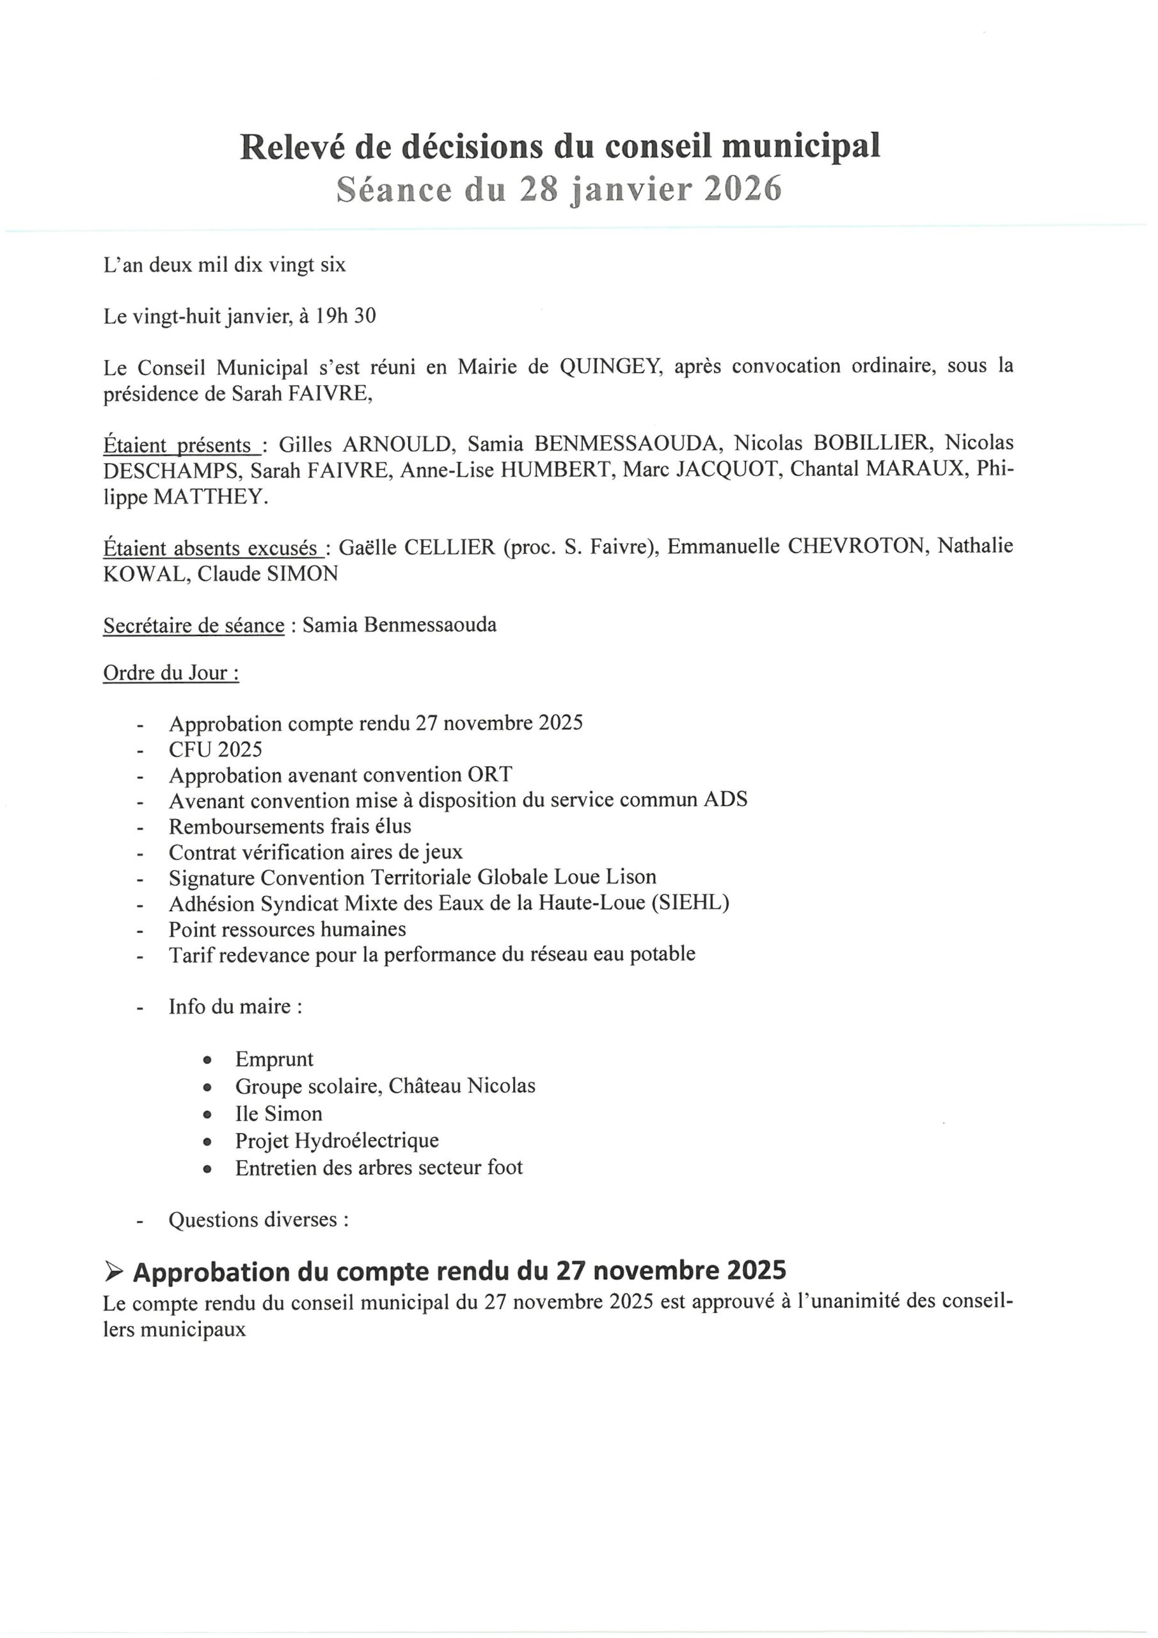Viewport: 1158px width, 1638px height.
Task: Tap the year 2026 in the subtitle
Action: pos(743,190)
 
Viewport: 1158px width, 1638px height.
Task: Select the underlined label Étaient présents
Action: pos(180,445)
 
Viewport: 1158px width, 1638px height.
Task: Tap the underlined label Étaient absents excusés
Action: pos(211,548)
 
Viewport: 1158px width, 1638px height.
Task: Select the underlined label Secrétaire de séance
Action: pos(193,626)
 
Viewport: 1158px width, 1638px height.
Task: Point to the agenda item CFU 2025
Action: pos(216,749)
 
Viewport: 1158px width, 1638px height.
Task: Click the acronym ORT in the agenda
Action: pos(490,775)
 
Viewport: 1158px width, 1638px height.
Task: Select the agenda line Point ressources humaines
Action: pos(287,929)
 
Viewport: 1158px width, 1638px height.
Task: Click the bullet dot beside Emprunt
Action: pos(208,1060)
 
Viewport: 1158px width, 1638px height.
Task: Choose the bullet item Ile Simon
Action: pos(278,1113)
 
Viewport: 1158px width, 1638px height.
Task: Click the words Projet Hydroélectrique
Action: pos(337,1140)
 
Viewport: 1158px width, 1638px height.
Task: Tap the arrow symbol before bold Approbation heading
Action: pos(113,1271)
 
